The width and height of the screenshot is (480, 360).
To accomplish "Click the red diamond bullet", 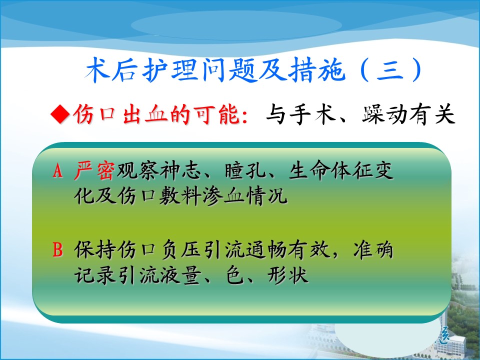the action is tap(60, 114).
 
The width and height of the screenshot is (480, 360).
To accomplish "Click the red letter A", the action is tap(57, 170).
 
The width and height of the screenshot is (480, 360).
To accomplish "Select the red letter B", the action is tap(57, 250).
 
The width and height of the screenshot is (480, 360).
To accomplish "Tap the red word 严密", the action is tap(94, 170).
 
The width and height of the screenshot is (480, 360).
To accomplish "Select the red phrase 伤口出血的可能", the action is tap(156, 114).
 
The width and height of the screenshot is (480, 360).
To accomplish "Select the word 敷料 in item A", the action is tap(180, 195).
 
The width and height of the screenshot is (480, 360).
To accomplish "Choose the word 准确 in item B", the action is tap(373, 250).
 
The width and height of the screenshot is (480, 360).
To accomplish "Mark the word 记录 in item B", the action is tap(94, 275).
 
